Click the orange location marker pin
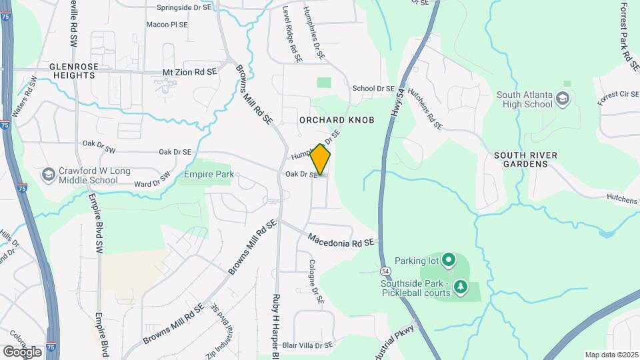[321, 160]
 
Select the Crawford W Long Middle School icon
[48, 175]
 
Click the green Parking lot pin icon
[449, 259]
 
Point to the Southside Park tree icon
[460, 287]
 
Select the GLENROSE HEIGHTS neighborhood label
[73, 71]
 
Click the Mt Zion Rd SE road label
[190, 71]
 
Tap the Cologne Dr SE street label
[315, 283]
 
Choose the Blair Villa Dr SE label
[307, 345]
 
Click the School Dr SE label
[373, 88]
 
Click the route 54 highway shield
[386, 271]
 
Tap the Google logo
[22, 351]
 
